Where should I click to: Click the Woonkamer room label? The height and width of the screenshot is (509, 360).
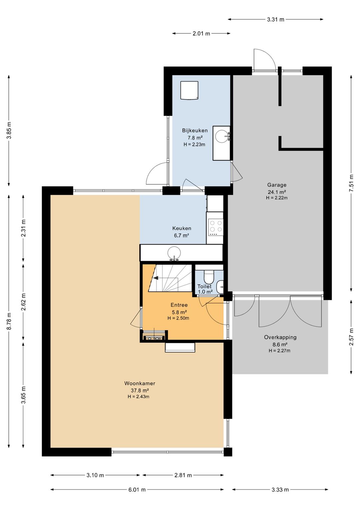pos(140,383)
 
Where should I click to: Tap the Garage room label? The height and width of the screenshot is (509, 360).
pos(277,185)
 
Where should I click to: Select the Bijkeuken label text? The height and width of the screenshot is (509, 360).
pos(195,130)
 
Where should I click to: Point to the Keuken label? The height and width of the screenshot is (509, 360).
pos(181,228)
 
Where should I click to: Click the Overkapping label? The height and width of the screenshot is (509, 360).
pos(280,337)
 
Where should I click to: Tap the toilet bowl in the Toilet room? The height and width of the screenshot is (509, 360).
pos(208,276)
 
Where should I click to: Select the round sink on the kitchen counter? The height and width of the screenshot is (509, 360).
pos(174,253)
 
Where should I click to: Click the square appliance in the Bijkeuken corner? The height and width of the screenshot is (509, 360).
pos(189,90)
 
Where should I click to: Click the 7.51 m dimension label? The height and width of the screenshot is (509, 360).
pos(351,183)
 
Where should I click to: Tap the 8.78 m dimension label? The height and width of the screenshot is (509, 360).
pos(9,321)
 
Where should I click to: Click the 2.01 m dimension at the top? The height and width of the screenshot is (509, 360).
pos(201,34)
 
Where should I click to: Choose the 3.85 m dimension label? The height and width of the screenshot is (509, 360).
pos(9,131)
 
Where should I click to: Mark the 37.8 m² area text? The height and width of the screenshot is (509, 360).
pos(140,390)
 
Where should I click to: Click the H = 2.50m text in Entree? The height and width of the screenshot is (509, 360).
pos(178,318)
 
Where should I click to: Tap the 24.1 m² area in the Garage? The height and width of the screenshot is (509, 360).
pos(277,192)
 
